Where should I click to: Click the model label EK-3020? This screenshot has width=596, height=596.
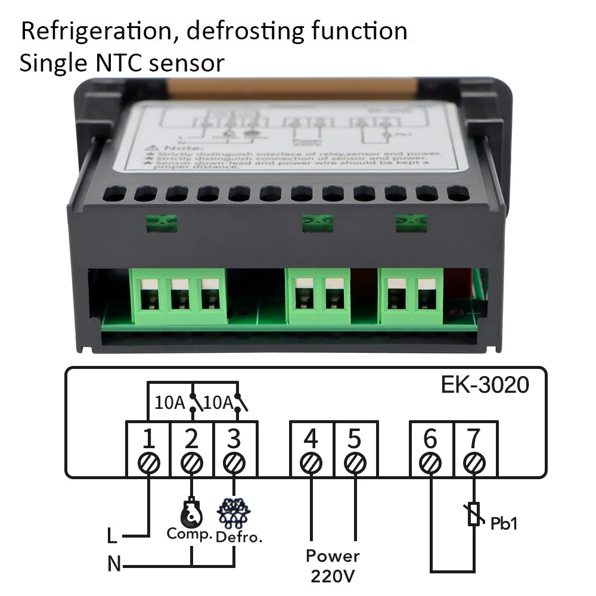point(485,385)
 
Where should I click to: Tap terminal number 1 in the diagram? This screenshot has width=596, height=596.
point(148,439)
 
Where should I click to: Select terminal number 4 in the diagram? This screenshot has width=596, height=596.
point(311,439)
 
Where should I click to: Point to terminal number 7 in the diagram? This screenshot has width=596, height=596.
point(474,439)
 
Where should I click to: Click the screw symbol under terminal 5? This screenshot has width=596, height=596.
point(355,462)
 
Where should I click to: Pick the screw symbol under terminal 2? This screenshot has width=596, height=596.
point(191,462)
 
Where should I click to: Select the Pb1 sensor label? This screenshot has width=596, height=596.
point(504,524)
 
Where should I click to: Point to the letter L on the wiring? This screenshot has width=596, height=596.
point(112,536)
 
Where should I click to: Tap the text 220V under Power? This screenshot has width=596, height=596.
point(333,576)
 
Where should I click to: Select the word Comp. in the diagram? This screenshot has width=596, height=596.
point(190,534)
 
